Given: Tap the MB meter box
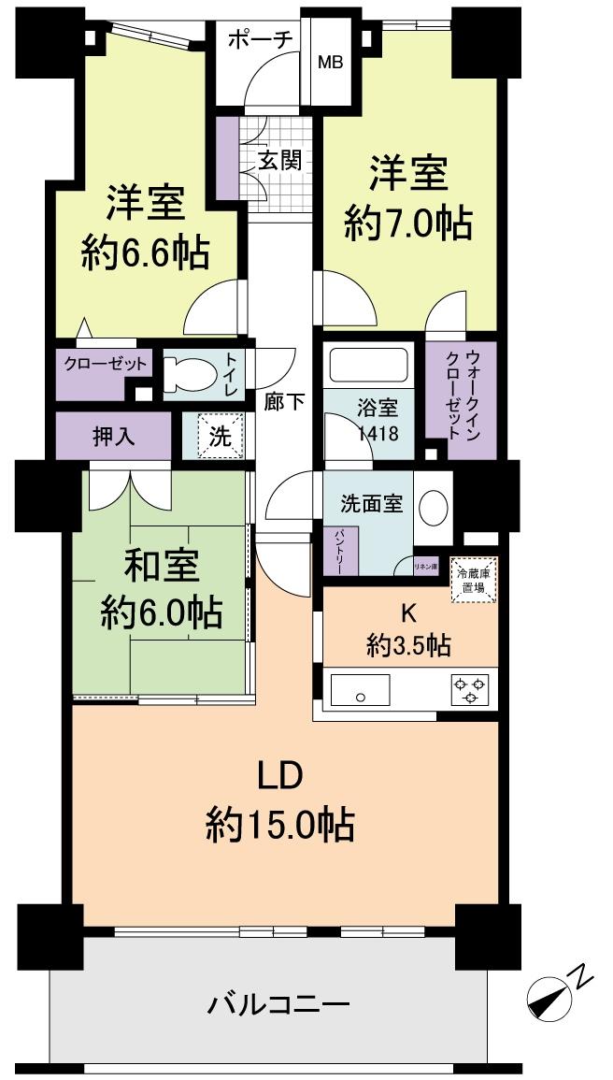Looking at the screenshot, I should (330, 63).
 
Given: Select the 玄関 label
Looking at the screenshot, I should (279, 160).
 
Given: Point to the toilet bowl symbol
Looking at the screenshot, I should (192, 375).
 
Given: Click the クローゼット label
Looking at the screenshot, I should (106, 365).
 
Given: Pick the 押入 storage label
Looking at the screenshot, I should (111, 437).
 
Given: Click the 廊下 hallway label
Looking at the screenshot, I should (284, 402).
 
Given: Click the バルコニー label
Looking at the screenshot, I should (278, 1006).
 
